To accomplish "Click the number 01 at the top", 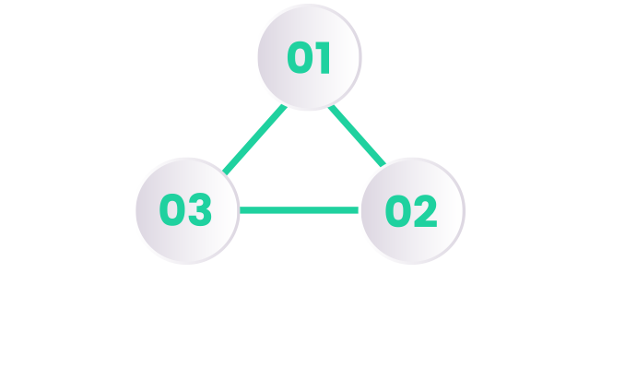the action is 309,57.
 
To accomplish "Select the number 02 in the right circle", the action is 411,211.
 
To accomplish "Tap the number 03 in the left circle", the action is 185,209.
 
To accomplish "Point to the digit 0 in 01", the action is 300,57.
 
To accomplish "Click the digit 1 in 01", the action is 324,57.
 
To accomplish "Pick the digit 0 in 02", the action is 398,211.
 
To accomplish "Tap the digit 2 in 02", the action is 426,211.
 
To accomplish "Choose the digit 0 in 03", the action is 171,209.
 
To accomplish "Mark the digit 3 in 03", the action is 200,209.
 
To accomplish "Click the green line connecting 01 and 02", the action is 357,136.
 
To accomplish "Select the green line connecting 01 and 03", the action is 254,139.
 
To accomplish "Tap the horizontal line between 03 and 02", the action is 299,210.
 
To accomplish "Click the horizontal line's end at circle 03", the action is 240,210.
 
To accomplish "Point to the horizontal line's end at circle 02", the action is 358,210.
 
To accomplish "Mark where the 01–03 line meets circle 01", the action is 285,106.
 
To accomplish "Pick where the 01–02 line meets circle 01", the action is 331,106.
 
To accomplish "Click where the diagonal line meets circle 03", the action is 225,172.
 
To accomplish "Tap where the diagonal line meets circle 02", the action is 383,164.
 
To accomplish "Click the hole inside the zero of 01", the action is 300,57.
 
